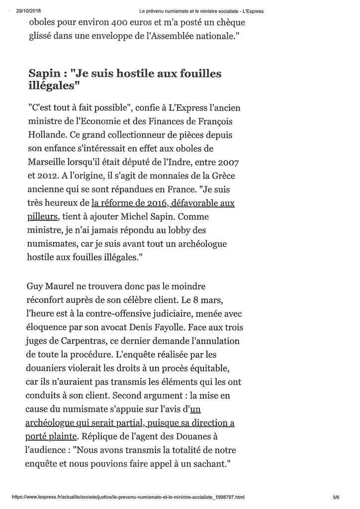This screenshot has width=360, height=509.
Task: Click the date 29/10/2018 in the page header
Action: point(27,10)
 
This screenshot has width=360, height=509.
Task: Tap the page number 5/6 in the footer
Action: point(336,497)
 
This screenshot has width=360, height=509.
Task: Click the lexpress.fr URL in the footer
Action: point(127,497)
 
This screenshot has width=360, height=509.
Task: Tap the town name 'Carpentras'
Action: point(79,342)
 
